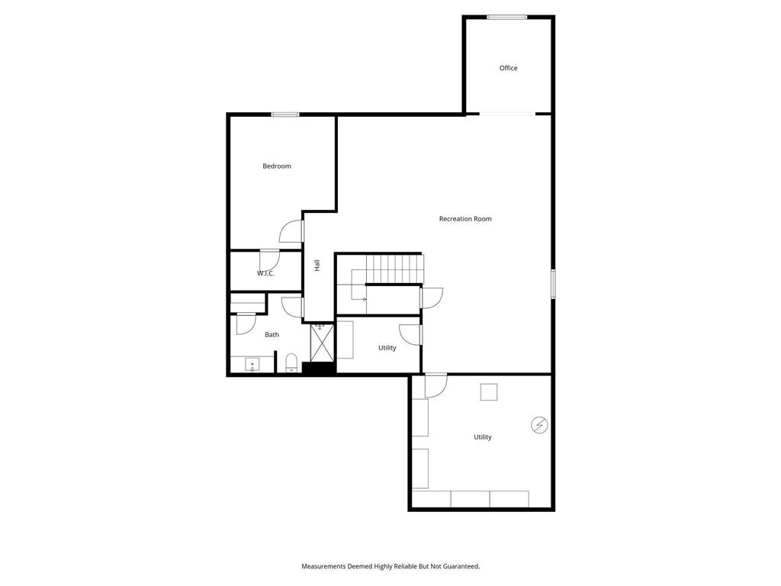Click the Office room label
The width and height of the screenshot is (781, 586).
(x=508, y=68)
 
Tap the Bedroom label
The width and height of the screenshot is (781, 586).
(x=276, y=166)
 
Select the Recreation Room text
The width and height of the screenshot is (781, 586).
(x=465, y=219)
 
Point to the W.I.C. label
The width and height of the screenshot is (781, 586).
(x=265, y=273)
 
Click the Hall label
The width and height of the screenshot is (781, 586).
(x=317, y=266)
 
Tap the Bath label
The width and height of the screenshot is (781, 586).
(x=272, y=335)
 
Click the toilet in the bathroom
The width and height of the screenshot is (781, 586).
(x=291, y=362)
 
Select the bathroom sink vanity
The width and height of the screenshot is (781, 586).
(x=252, y=364)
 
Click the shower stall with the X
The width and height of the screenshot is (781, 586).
(x=322, y=343)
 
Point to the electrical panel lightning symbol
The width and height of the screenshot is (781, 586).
(x=539, y=425)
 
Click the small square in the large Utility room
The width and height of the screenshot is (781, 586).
(x=489, y=392)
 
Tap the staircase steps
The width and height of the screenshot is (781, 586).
(x=394, y=269)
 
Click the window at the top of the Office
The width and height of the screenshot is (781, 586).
(x=507, y=18)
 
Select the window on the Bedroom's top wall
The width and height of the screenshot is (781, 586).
(x=285, y=114)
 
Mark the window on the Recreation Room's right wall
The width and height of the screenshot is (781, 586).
(x=553, y=284)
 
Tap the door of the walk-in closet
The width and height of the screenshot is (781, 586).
(x=269, y=259)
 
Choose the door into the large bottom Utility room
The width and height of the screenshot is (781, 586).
(x=435, y=385)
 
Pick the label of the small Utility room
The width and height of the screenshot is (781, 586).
(x=387, y=348)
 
